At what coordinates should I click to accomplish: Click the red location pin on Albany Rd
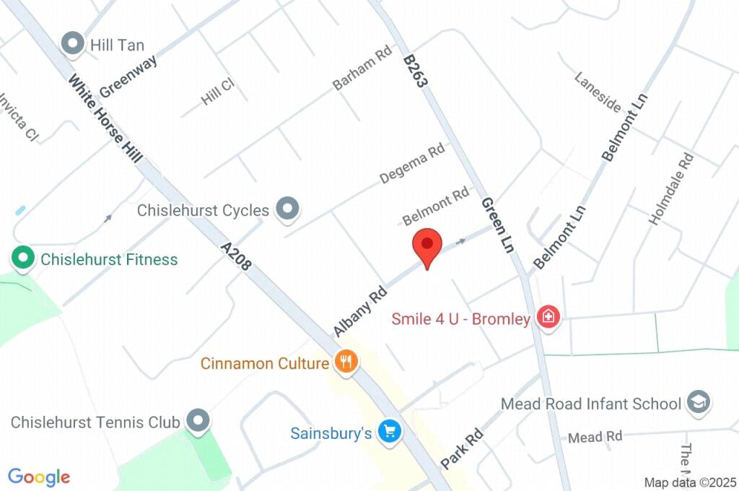click(x=427, y=245)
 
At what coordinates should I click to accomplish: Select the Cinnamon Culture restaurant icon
click(x=346, y=362)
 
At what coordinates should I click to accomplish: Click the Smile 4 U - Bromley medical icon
click(x=549, y=318)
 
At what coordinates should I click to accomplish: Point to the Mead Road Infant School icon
click(x=698, y=403)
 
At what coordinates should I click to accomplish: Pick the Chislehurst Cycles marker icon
click(x=289, y=210)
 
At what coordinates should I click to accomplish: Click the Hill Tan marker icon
click(x=73, y=45)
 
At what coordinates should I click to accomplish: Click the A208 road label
click(x=237, y=256)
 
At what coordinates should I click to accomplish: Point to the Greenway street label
click(x=128, y=77)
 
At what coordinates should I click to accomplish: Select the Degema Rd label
click(x=412, y=164)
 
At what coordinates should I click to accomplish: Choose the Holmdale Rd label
click(x=671, y=189)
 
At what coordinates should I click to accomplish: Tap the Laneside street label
click(x=598, y=92)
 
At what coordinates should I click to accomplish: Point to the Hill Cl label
click(x=218, y=92)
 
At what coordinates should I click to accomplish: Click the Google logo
click(x=39, y=477)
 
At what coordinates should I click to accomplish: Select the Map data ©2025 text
click(x=690, y=482)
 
